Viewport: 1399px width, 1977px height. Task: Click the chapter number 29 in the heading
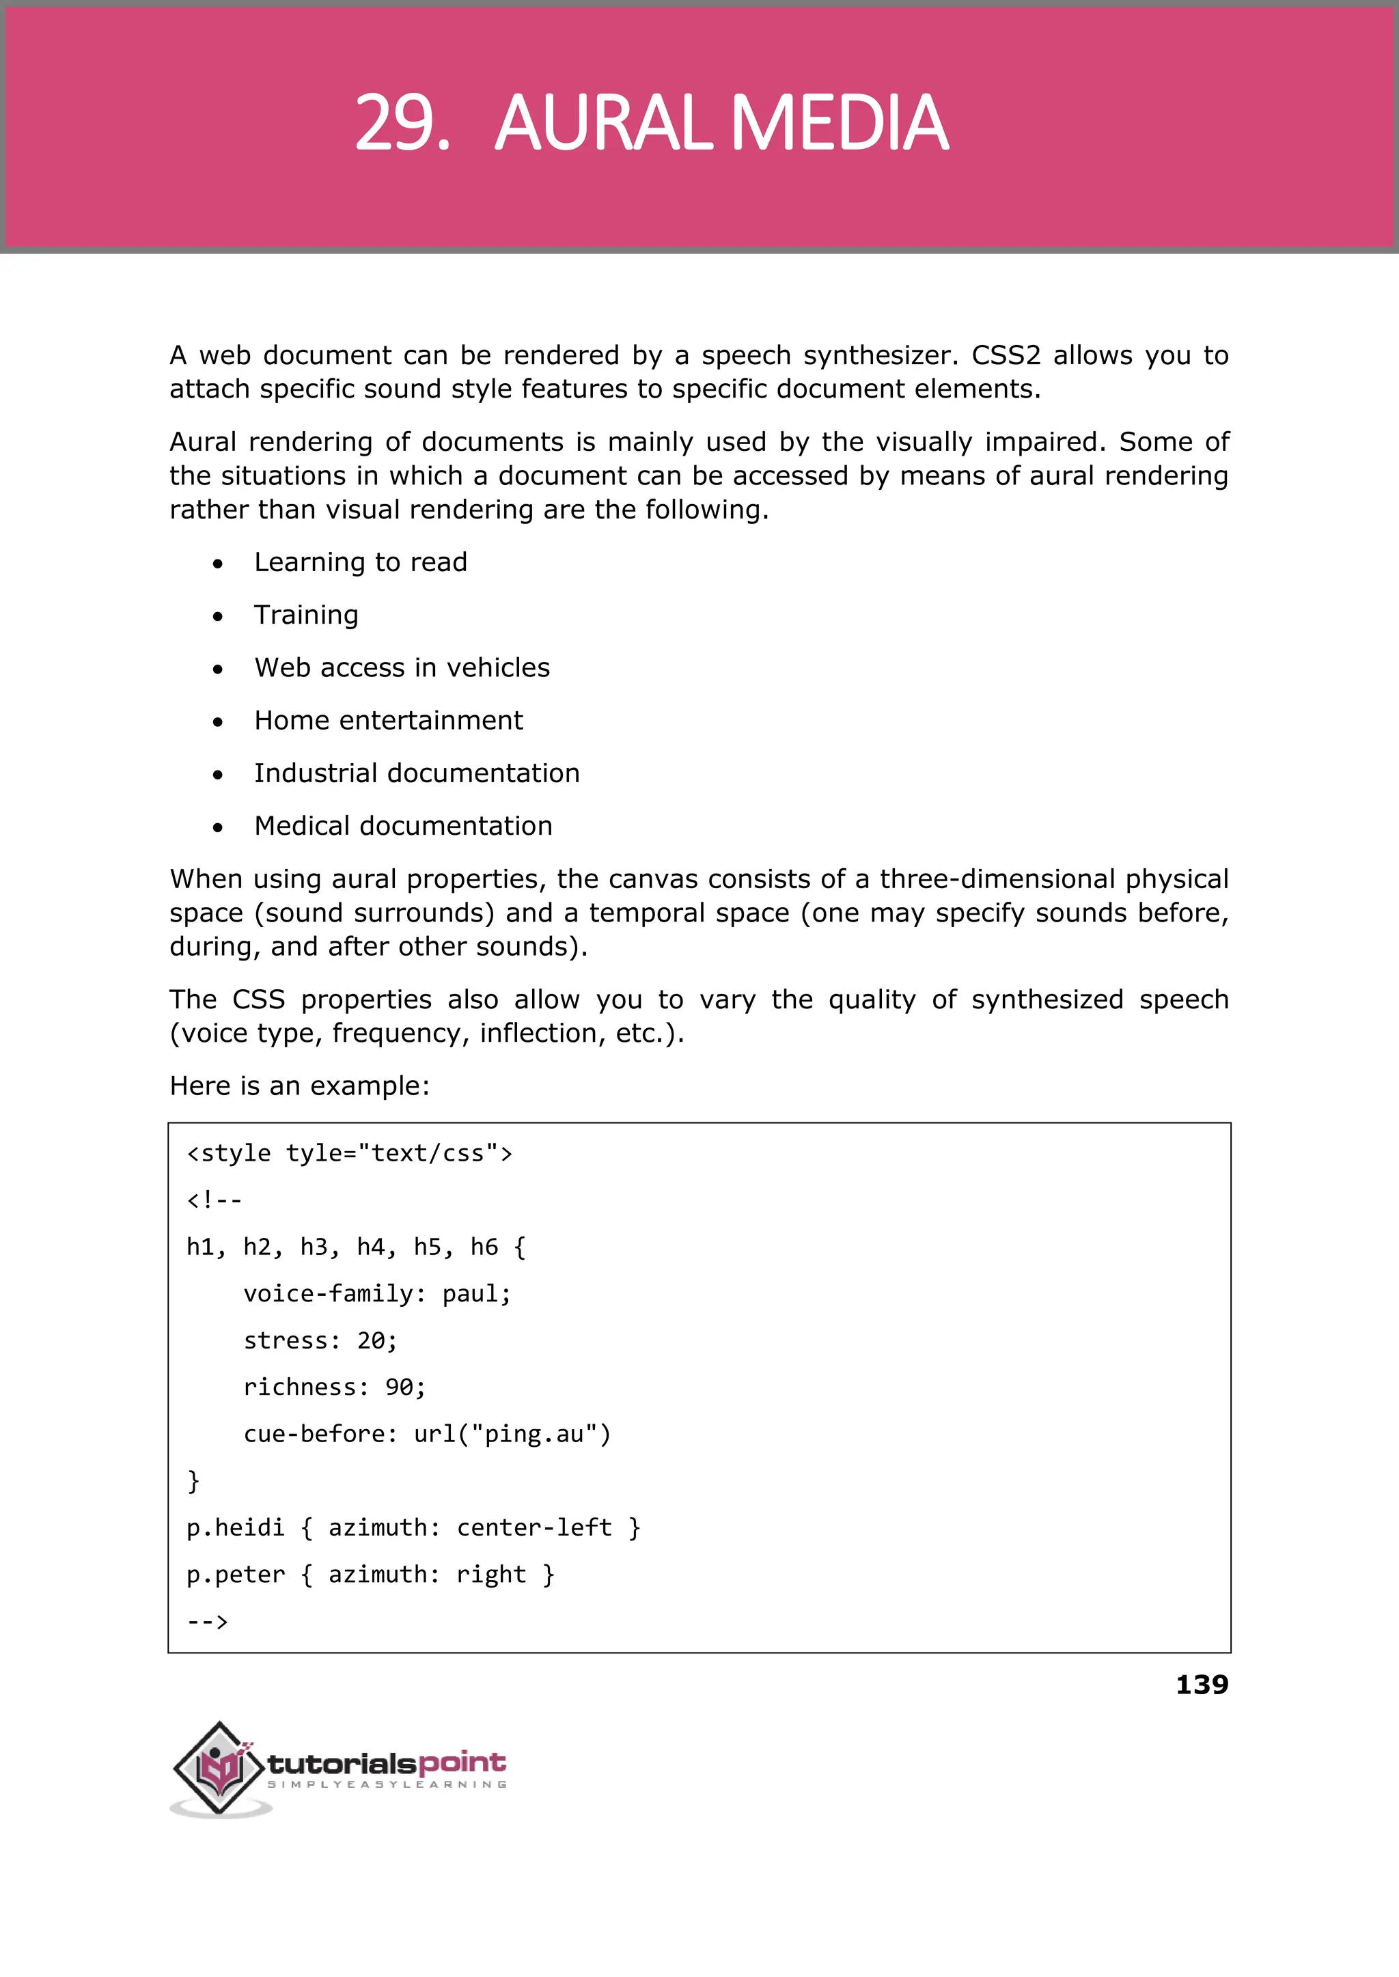(x=402, y=123)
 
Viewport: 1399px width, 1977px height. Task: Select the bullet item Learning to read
(x=360, y=562)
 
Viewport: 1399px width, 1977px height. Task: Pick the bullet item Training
(x=306, y=615)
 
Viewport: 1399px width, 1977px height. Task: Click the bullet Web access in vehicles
(x=402, y=667)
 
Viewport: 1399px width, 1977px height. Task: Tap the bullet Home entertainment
(x=387, y=720)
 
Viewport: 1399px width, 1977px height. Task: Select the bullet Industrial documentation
(x=416, y=773)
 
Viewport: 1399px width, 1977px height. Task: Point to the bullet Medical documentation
(x=403, y=825)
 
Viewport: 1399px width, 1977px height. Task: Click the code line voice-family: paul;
(x=376, y=1294)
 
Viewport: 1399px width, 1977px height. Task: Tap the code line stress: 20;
(x=320, y=1340)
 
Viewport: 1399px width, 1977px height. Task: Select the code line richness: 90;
(x=334, y=1387)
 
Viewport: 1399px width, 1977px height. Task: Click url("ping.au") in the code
(x=512, y=1435)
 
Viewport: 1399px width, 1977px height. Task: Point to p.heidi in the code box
(x=235, y=1527)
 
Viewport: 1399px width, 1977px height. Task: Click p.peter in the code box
(x=235, y=1575)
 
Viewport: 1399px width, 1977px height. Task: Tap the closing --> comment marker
(x=208, y=1621)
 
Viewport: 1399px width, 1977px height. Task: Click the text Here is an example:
(x=299, y=1086)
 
